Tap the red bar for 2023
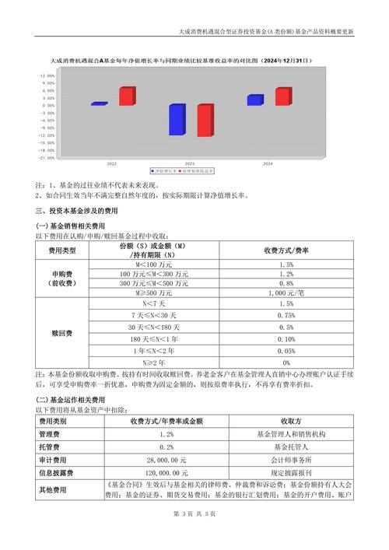[205, 121]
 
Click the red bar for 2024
[282, 97]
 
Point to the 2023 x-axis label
[189, 164]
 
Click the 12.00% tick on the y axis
[47, 75]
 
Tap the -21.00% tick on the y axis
[47, 157]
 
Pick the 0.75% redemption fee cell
[286, 315]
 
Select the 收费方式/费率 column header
[286, 250]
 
